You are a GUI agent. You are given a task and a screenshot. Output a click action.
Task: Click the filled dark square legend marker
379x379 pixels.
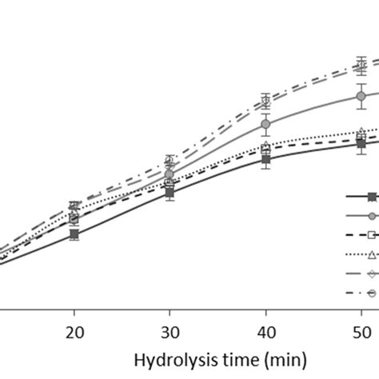pos(371,197)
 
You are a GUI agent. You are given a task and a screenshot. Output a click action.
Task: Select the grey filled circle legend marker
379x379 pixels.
pos(371,216)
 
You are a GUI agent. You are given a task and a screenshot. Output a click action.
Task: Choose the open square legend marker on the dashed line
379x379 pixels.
pos(371,235)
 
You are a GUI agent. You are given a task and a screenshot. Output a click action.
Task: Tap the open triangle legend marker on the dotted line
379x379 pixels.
pos(371,254)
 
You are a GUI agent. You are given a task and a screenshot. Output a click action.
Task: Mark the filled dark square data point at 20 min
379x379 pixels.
pos(74,234)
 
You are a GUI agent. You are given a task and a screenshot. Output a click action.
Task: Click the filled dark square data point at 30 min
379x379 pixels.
pos(170,192)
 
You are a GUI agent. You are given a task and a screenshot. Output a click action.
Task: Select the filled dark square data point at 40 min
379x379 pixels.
pos(265,160)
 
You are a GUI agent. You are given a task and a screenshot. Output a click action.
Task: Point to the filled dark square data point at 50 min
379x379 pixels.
pos(361,143)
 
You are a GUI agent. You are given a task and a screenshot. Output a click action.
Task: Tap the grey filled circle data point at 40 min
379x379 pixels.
pos(265,124)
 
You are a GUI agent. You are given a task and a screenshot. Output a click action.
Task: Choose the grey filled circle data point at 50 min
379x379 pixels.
pos(361,96)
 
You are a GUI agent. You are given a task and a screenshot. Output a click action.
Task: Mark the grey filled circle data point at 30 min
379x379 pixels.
pos(170,174)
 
